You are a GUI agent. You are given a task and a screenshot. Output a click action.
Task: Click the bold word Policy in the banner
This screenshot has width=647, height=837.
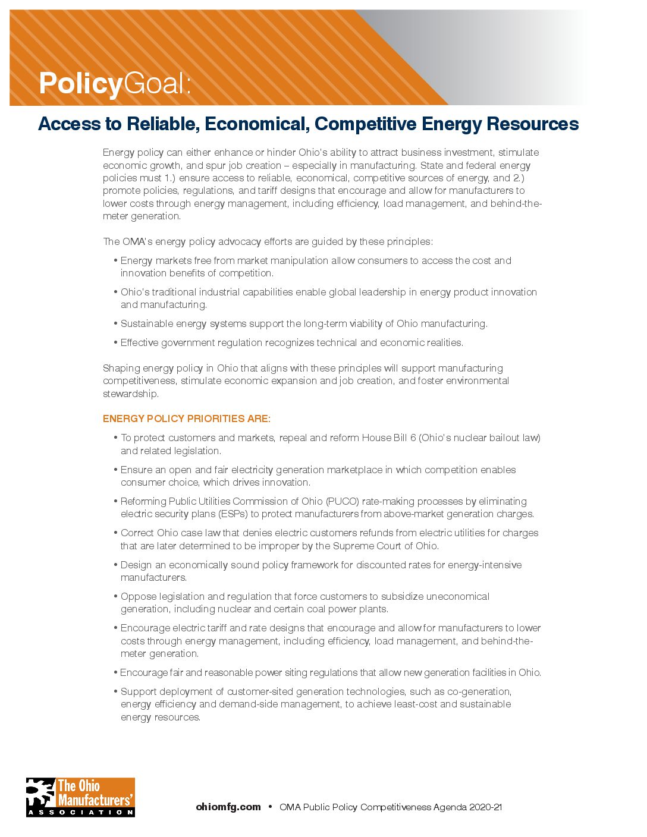coord(80,83)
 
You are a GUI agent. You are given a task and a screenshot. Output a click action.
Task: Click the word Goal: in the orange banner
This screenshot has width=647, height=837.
coord(158,83)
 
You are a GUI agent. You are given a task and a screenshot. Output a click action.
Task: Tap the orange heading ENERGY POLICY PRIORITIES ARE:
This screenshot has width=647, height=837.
coord(186,418)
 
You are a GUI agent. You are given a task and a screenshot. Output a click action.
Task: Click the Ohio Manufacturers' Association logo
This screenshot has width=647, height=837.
coord(80,797)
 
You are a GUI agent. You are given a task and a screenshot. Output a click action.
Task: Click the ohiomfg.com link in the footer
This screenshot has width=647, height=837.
coord(228,807)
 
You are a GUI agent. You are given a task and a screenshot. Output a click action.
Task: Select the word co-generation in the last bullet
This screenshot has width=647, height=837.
coord(479,691)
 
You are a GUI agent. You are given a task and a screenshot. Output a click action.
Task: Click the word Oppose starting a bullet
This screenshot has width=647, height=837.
coord(137,596)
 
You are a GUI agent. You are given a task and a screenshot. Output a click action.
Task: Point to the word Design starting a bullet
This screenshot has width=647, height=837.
coord(136,565)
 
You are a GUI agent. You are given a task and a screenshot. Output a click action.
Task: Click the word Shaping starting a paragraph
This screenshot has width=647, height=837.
coord(121,368)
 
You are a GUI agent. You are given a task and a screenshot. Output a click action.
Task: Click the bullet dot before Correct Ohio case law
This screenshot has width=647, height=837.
coord(115,533)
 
